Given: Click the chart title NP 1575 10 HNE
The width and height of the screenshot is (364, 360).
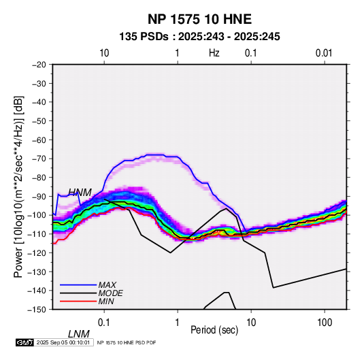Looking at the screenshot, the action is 199,19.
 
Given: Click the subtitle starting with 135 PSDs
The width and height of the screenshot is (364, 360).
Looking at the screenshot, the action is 199,37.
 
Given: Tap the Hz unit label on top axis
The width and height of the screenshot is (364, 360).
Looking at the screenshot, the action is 214,53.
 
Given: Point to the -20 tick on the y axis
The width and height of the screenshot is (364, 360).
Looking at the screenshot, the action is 39,65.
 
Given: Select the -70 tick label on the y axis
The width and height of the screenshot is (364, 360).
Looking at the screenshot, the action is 39,159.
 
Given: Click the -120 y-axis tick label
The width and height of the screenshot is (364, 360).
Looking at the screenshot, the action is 37,252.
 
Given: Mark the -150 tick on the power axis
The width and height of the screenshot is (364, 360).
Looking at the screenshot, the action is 37,310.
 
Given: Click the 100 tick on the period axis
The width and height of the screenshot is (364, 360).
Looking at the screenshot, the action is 324,323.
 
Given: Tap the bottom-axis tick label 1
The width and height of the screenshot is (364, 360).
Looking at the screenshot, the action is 177,323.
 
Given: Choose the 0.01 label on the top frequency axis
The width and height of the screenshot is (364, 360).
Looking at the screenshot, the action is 324,53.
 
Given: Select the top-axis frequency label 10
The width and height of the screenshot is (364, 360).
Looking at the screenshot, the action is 104,53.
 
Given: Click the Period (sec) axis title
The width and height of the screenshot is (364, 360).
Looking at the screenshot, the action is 214,330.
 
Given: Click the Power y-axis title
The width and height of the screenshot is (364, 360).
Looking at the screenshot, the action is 18,186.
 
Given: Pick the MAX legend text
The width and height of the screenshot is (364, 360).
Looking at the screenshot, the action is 107,284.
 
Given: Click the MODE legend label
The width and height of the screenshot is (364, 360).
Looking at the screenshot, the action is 110,293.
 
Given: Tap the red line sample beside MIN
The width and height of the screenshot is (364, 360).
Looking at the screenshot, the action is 78,301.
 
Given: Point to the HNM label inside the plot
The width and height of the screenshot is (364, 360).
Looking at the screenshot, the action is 80,193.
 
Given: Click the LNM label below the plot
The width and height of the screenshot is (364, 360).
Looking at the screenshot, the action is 79,334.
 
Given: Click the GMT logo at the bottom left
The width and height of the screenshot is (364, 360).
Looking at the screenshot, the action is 25,342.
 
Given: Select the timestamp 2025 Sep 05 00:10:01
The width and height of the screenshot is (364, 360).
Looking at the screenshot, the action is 63,342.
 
